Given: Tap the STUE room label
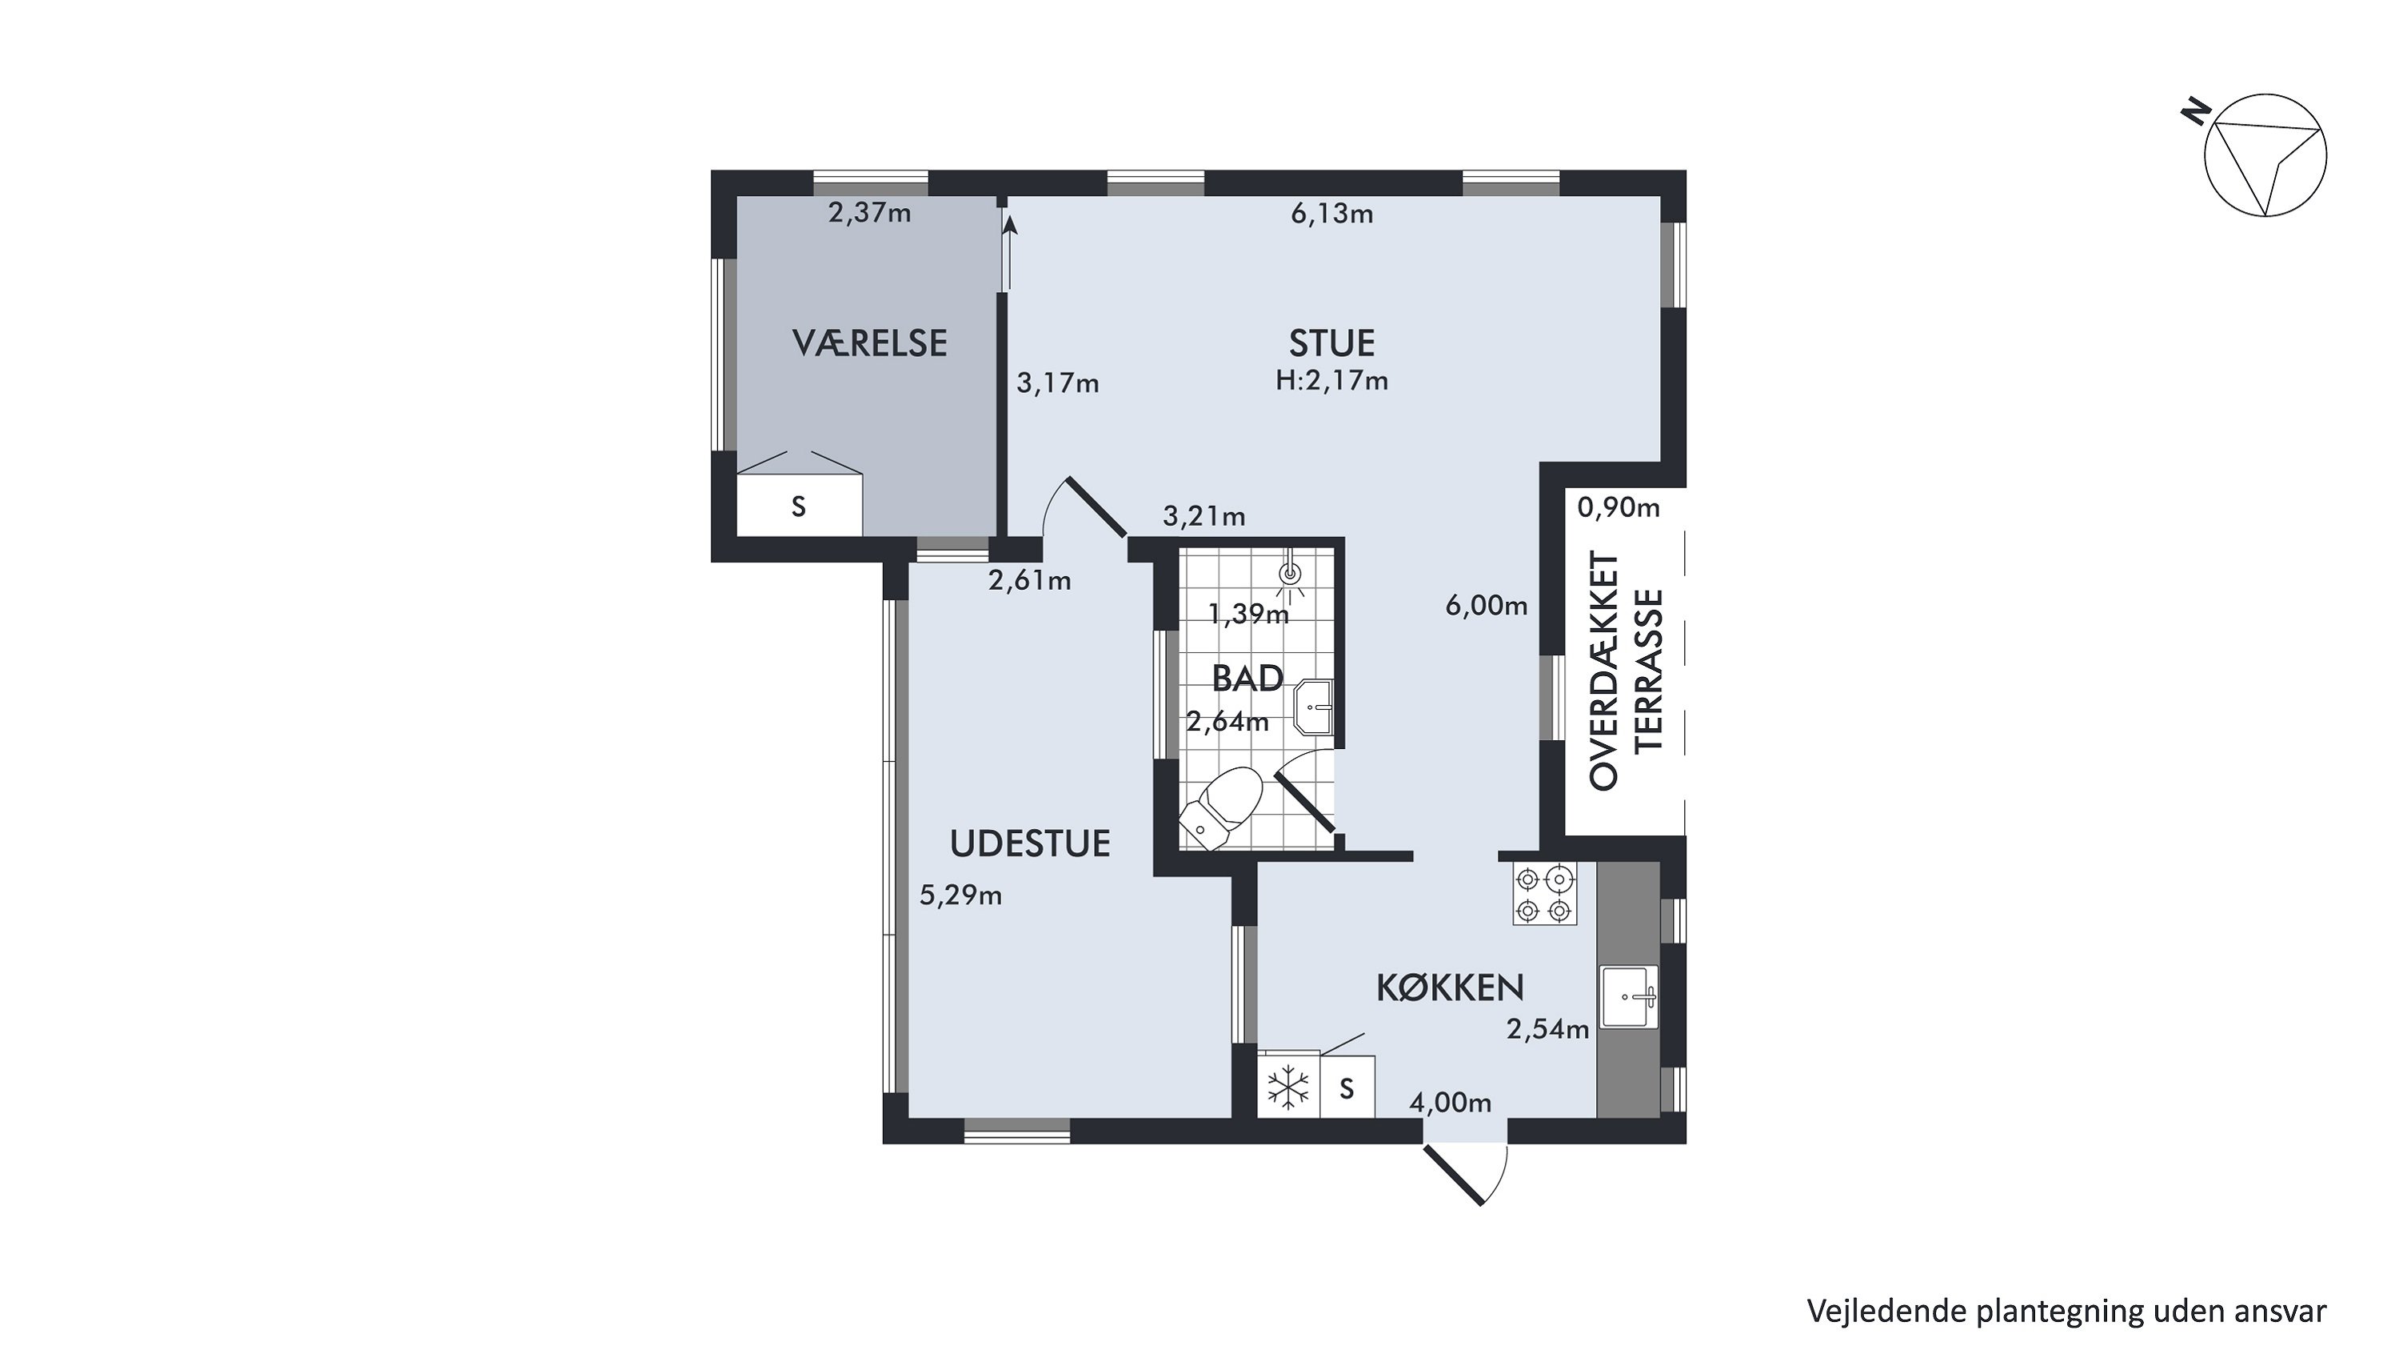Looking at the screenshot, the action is point(1331,344).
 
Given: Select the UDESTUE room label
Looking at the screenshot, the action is point(1030,843).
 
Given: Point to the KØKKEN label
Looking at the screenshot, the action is point(1450,987).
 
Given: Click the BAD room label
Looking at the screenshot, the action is point(1248,679).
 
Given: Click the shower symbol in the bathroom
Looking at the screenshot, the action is point(1291,574).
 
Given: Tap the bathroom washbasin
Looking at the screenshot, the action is point(1314,707).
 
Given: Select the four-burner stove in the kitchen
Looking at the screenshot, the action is point(1545,895).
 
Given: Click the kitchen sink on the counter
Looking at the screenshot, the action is point(1630,997).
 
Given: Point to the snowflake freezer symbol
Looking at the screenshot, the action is point(1289,1088).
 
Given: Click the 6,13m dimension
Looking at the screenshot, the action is point(1331,214).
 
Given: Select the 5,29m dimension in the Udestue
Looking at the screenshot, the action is point(960,895).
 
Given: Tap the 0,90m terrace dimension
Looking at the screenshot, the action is point(1619,508).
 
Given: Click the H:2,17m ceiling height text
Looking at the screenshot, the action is point(1331,380).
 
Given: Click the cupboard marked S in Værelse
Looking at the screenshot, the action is point(799,506).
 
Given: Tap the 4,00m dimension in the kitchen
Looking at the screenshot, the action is point(1450,1103).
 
